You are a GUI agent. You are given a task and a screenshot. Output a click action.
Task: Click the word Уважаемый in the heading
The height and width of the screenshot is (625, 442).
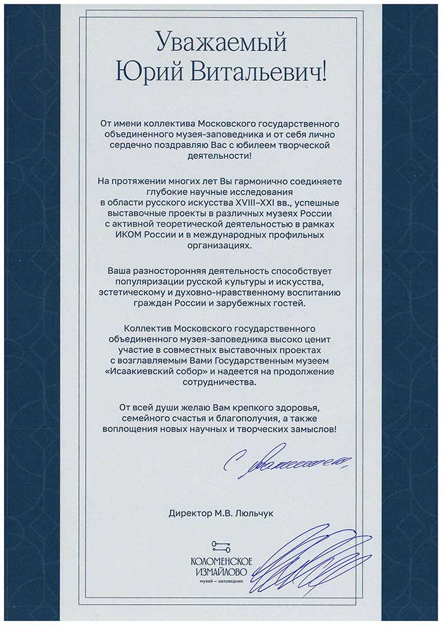tap(220, 44)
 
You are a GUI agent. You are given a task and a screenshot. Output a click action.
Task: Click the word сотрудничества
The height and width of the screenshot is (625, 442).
tap(220, 382)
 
